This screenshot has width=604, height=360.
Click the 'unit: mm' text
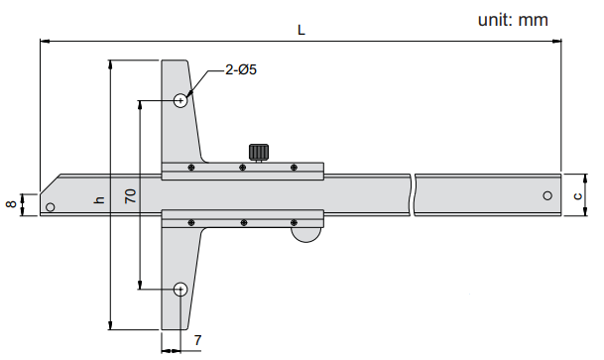513,20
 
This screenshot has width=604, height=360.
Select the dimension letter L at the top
302,30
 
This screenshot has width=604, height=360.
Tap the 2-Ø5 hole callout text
241,69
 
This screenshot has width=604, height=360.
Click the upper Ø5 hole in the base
181,101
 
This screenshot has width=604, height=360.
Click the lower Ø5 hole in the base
181,290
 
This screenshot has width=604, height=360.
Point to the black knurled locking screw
259,152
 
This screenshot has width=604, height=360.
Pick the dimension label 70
131,196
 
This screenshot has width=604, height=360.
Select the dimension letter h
100,199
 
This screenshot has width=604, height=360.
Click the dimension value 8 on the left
12,203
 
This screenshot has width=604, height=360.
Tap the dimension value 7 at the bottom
197,340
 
